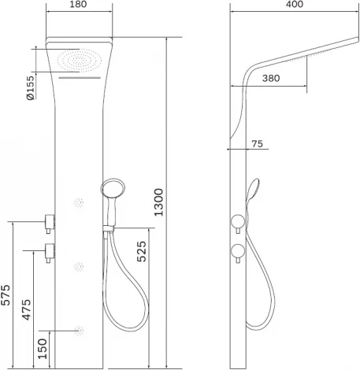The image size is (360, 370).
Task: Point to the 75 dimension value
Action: click(257, 143)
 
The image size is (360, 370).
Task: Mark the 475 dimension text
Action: click(26, 309)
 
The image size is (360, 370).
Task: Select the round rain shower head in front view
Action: click(76, 59)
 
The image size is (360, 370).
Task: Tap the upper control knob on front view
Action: click(50, 221)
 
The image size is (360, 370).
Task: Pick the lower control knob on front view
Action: click(50, 253)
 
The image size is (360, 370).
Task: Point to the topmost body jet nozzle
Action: click(79, 203)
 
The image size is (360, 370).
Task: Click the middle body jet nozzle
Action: click(79, 265)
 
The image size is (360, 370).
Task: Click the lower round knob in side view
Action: click(236, 251)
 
